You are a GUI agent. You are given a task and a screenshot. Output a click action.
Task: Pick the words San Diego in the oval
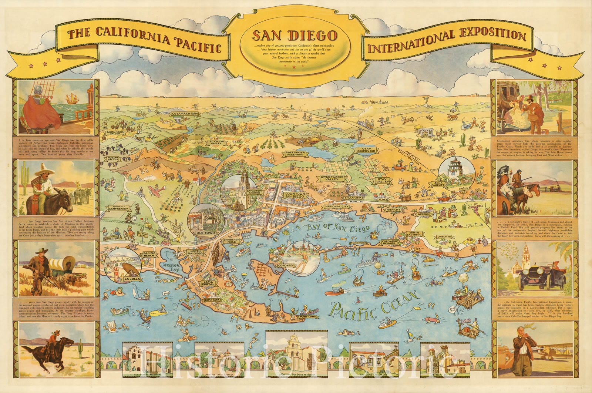tap(295, 36)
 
